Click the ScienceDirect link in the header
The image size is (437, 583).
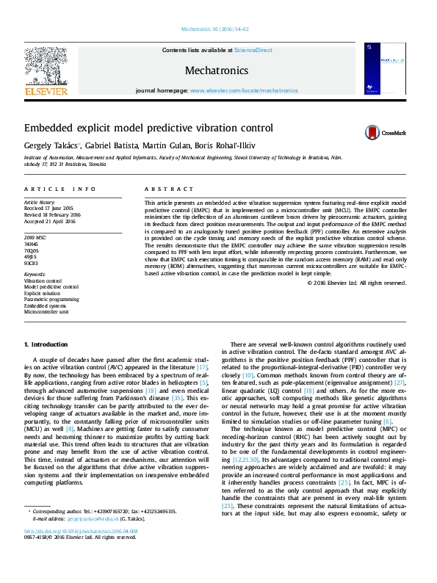coord(253,50)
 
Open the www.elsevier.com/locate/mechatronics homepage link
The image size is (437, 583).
coord(244,90)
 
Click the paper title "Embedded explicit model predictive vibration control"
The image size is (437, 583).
coord(148,127)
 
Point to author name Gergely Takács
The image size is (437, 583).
coord(52,145)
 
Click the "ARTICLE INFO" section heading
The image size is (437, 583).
coord(60,189)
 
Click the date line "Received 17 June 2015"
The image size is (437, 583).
coord(48,208)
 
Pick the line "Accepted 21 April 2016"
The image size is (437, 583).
coord(49,220)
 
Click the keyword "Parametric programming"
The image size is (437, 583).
coord(51,300)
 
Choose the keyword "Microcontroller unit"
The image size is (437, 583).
coord(47,312)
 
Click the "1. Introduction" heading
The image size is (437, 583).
coord(46,344)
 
